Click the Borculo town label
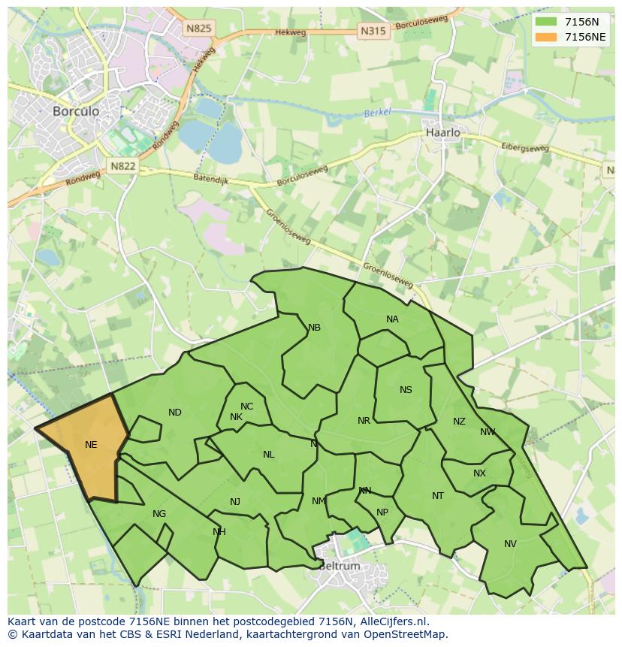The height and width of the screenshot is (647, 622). coord(76,110)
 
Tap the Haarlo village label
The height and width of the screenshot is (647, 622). coord(442,132)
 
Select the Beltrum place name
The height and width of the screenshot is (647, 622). coord(339,566)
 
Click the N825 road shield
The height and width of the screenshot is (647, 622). coord(199,29)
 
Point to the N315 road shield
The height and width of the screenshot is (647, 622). coord(373,31)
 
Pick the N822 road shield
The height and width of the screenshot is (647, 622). coord(122,166)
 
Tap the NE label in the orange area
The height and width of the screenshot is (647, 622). coord(91,445)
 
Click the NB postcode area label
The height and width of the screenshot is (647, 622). coord(314,328)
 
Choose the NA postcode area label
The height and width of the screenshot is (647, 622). coord(392,319)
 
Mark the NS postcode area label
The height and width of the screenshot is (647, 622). coord(406,390)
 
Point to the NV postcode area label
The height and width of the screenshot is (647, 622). coord(510,544)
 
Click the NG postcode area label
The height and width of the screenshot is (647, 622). coord(159,514)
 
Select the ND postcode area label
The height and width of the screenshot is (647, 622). coord(175,413)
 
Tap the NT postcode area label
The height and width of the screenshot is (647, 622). coord(438,496)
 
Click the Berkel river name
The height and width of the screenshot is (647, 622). coord(378,113)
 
